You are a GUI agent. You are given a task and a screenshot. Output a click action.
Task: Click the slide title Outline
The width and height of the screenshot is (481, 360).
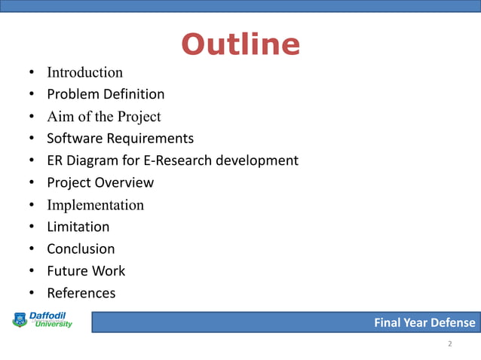tap(240, 45)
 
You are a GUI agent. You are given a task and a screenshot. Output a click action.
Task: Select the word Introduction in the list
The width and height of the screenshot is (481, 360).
tap(84, 73)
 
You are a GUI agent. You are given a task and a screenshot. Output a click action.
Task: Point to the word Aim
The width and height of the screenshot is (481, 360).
tap(60, 117)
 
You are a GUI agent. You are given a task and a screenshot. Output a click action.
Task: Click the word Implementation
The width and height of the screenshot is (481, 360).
tap(95, 205)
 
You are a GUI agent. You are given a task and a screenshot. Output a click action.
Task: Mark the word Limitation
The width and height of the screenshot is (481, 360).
tap(78, 227)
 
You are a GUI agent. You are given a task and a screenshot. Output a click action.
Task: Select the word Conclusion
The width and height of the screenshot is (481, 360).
tap(81, 249)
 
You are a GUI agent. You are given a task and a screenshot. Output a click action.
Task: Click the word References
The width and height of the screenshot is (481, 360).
tap(81, 292)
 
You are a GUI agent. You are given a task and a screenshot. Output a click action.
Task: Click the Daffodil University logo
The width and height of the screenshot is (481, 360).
tap(42, 320)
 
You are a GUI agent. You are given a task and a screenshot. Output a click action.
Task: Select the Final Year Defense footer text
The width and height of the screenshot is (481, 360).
tap(424, 323)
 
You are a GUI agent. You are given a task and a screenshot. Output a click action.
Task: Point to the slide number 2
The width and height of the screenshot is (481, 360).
tap(449, 344)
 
